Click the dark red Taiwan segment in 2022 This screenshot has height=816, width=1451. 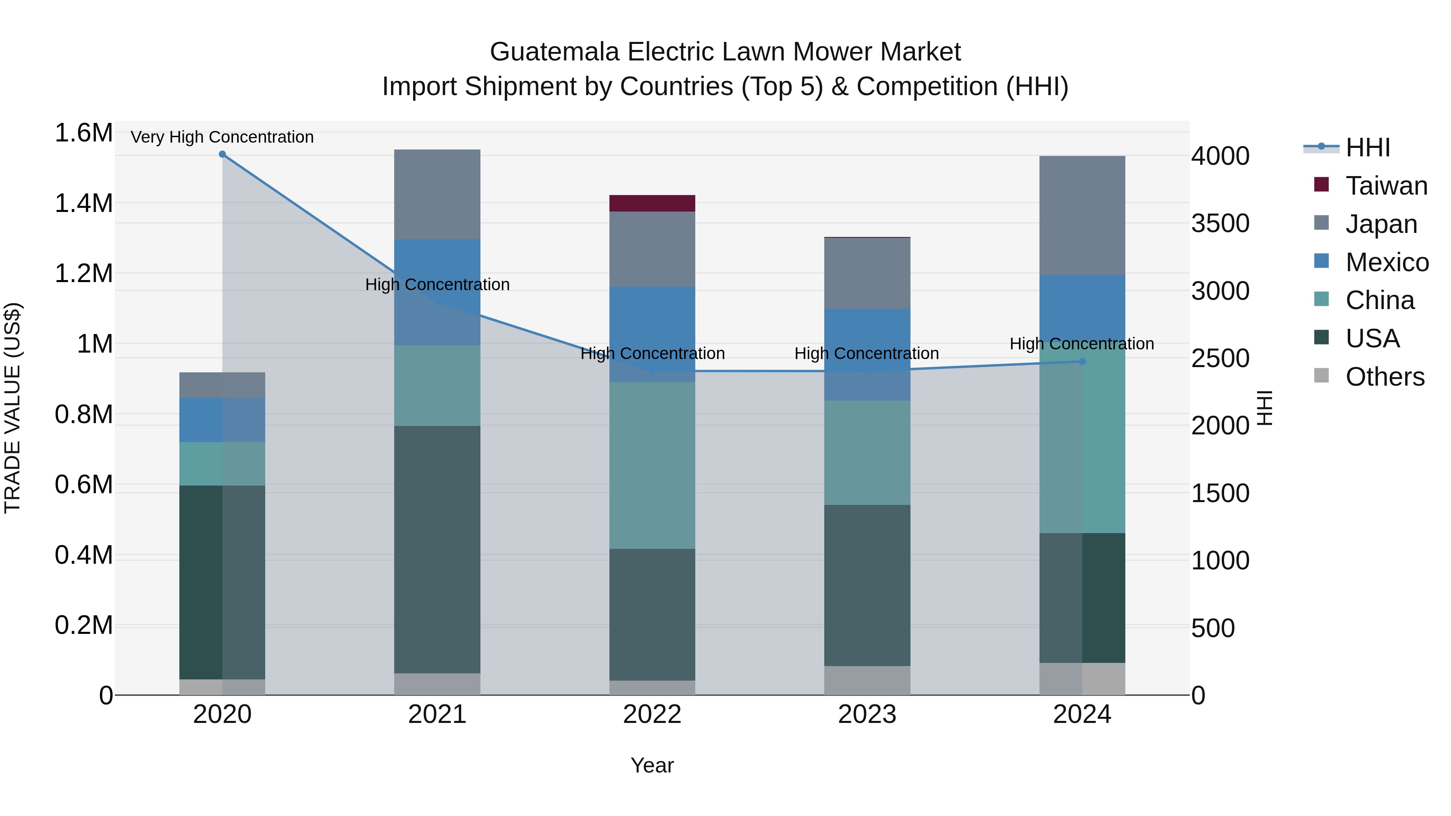tap(652, 203)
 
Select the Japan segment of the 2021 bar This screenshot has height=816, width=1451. tap(437, 194)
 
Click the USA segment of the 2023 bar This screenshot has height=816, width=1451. tap(867, 585)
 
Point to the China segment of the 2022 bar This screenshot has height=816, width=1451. tap(652, 465)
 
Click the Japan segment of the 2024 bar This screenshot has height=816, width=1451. tap(1082, 215)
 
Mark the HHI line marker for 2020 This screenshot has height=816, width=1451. tap(222, 154)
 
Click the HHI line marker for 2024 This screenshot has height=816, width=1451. tap(1082, 361)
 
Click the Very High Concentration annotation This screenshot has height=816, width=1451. tap(222, 137)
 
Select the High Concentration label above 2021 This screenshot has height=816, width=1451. tap(437, 285)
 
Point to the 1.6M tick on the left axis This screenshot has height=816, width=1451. tap(83, 133)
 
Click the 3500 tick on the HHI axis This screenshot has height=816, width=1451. tap(1220, 224)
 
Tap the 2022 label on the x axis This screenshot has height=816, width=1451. tap(652, 714)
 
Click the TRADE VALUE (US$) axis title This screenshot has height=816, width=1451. tap(12, 408)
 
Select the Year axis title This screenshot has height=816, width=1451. tap(652, 765)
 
